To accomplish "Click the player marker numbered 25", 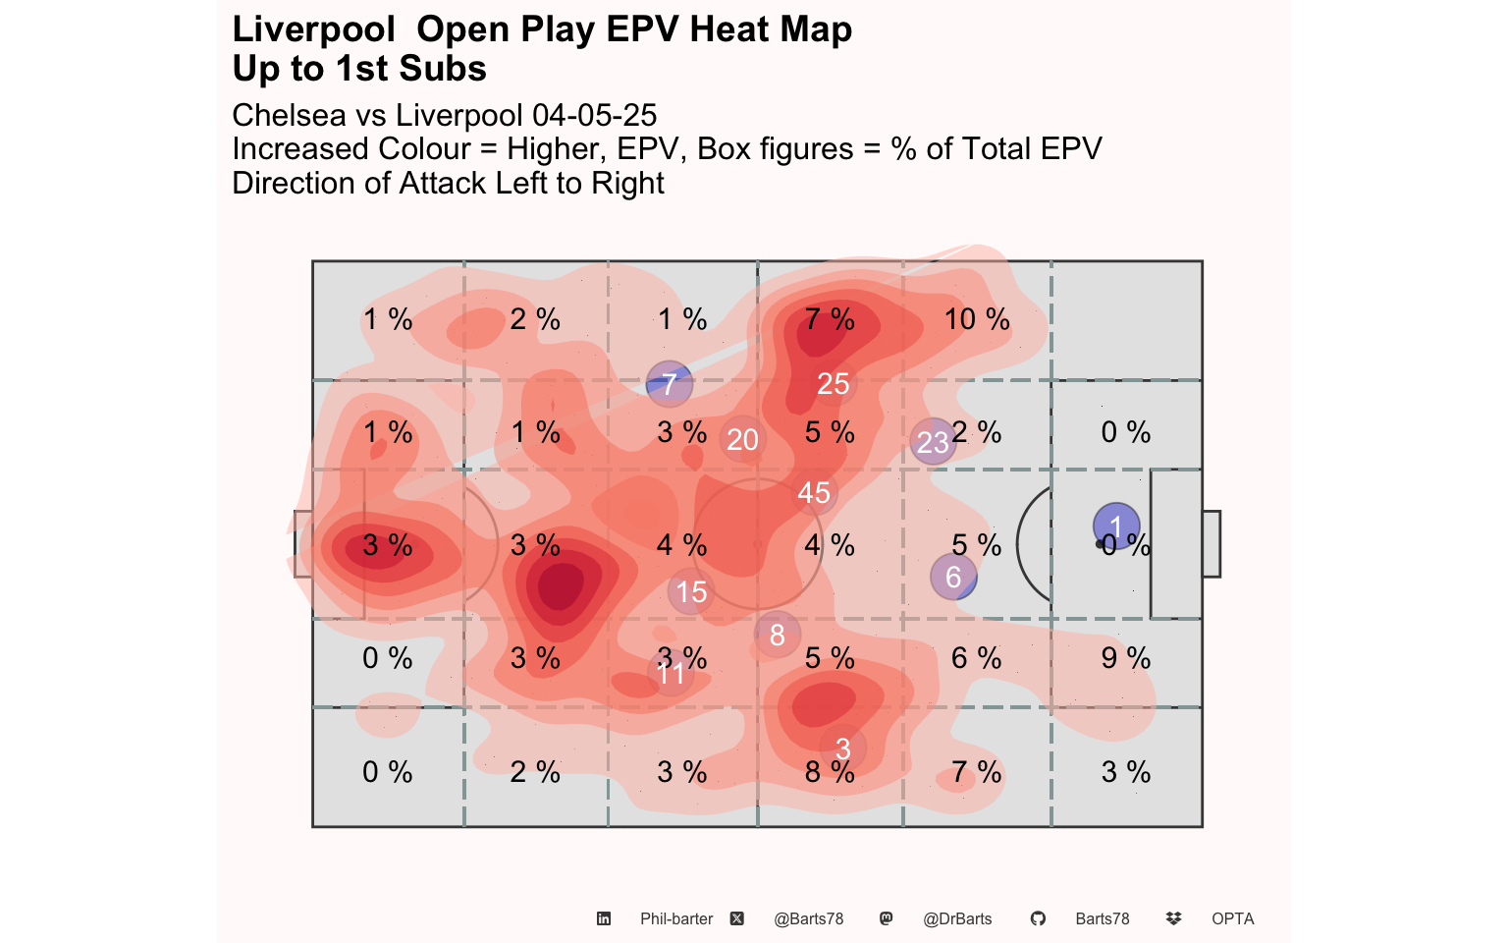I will (834, 383).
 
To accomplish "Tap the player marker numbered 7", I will (670, 384).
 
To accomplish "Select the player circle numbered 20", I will (742, 439).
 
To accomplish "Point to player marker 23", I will (933, 441).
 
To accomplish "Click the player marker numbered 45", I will (814, 492).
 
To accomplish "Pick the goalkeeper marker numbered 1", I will (1116, 526).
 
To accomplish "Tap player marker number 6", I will (953, 577).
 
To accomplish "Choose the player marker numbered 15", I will (691, 592).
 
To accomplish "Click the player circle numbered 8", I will (778, 635).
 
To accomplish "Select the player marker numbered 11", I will (671, 673).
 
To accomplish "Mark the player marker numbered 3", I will (842, 749).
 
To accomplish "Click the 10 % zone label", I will (977, 319).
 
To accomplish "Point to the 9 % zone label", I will (1125, 658).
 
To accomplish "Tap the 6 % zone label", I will (977, 658).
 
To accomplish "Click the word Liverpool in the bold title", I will (314, 29).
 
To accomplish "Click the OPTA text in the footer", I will (1232, 919).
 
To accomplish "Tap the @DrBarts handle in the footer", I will (957, 919).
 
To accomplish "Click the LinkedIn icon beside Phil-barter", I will (604, 919).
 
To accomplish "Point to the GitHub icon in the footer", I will (1038, 919).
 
